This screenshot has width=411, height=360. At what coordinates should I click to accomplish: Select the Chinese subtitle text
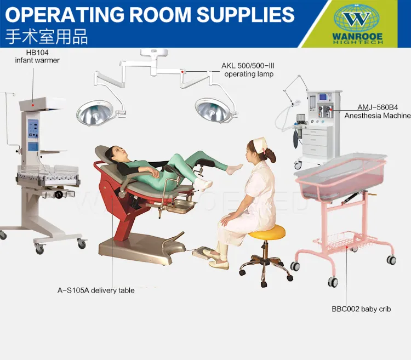46,37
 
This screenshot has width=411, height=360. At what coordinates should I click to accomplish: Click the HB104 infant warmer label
37,56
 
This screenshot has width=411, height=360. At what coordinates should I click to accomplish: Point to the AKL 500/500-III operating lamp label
248,70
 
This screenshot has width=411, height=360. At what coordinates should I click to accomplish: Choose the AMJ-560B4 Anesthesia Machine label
377,112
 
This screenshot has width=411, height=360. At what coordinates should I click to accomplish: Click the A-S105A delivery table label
96,290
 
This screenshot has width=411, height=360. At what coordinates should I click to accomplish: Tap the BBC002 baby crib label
361,309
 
